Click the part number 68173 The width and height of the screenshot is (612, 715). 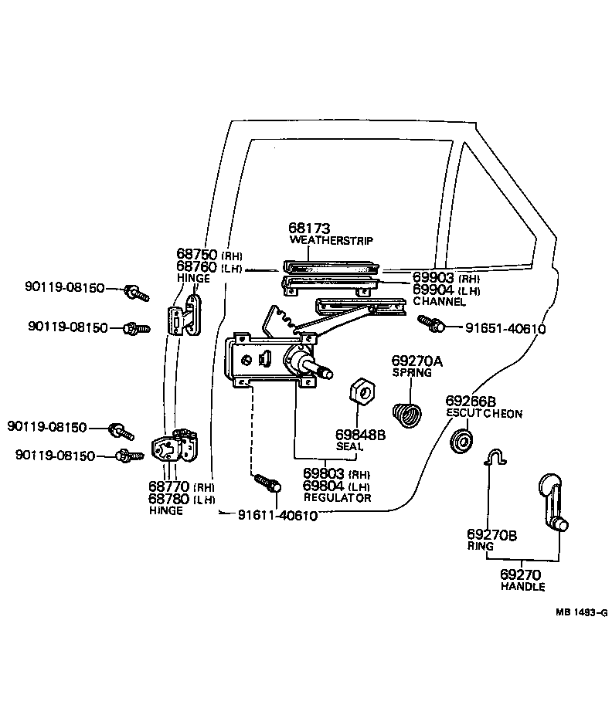309,229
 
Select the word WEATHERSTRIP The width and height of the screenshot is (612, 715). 331,241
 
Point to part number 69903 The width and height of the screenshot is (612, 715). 434,277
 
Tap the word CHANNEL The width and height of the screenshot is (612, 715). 439,302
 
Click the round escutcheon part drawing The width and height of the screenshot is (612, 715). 463,443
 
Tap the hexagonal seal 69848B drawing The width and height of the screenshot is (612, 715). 362,391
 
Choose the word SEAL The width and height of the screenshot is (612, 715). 349,447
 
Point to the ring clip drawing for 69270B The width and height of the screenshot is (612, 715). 495,459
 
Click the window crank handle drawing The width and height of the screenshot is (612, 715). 553,502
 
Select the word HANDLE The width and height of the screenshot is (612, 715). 522,587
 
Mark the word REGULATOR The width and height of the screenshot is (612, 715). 337,498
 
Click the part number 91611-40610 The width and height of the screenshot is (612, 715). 277,516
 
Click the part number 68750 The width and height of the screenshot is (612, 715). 197,255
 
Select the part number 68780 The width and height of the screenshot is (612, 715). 170,499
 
